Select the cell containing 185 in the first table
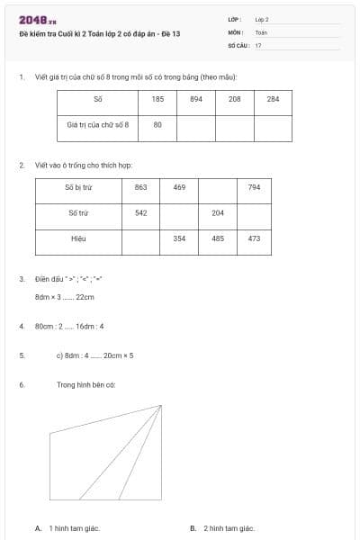coord(157,98)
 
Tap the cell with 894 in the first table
coord(196,98)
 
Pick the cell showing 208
coord(235,98)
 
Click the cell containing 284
coord(274,98)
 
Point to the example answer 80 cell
coord(157,124)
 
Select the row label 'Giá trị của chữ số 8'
coord(97,124)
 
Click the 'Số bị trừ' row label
coord(78,187)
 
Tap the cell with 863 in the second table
coord(140,187)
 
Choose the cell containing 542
coord(140,213)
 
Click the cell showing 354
coord(179,238)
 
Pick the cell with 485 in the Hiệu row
coord(218,238)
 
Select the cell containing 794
coord(254,187)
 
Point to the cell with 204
coord(218,213)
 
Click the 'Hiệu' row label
coord(78,238)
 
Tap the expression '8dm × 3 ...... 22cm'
coord(64,296)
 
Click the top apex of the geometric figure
coord(162,405)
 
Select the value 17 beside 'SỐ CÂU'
coord(258,44)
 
